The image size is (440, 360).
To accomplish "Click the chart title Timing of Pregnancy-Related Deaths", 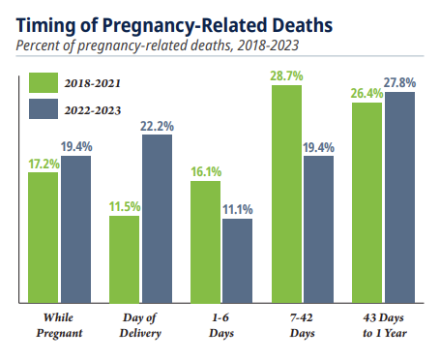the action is click(174, 26).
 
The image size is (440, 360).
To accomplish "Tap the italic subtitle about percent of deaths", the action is click(158, 45).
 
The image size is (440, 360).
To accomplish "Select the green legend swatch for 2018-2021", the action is click(44, 82).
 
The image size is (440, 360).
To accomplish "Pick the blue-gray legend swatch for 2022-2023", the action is click(44, 109).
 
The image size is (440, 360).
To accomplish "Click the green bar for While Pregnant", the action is click(44, 238).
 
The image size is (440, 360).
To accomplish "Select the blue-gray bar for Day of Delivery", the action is click(157, 219).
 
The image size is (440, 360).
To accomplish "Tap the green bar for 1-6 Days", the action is click(205, 242).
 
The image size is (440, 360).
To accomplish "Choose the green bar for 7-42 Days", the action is click(286, 195).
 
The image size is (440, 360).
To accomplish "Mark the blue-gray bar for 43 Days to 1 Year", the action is click(399, 197).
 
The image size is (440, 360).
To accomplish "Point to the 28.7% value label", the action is click(286, 76).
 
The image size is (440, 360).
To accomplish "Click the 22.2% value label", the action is click(157, 126).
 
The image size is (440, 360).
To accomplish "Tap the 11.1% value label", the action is click(238, 210).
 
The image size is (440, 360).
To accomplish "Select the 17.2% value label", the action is click(44, 165).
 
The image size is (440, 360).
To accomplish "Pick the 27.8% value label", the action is click(399, 83).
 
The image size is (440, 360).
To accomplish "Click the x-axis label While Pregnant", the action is click(59, 325).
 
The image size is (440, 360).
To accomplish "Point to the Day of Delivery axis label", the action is click(140, 325).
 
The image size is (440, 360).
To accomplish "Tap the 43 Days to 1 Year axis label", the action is click(384, 325).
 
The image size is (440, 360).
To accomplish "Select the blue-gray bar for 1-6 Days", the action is click(238, 261).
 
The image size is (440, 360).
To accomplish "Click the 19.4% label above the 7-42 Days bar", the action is click(318, 148).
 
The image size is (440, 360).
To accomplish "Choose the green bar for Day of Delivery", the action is click(124, 259).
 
